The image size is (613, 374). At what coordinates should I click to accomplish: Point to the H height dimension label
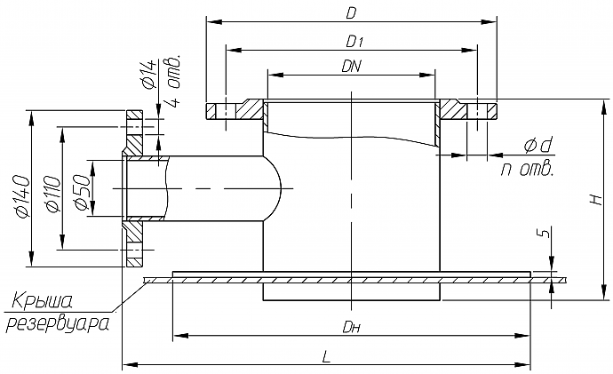point(596,201)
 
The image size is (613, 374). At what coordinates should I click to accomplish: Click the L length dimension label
point(326,356)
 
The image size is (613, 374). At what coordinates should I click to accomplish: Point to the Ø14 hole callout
point(148,74)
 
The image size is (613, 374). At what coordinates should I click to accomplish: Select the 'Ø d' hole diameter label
point(538,145)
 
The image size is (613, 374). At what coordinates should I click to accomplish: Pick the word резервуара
point(59,322)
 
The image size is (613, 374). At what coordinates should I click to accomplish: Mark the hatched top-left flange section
point(251,110)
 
